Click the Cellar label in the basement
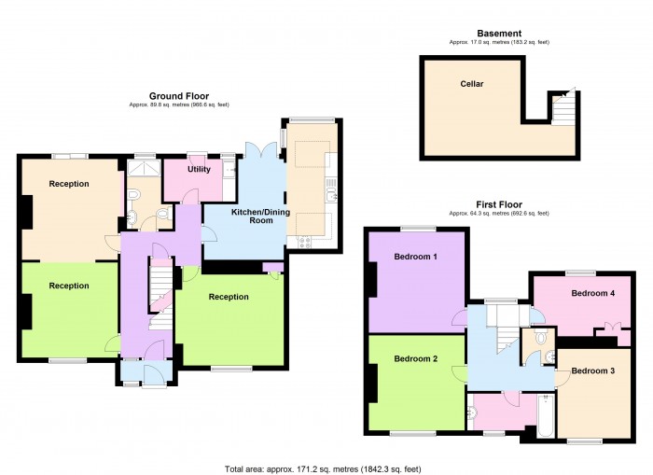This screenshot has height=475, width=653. click(471, 83)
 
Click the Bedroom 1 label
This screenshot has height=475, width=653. click(415, 257)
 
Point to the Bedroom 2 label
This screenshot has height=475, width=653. click(415, 358)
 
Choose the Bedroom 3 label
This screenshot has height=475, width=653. click(592, 370)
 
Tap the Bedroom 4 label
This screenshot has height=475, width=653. click(592, 293)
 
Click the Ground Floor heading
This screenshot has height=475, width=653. click(179, 95)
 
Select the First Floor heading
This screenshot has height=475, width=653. click(498, 204)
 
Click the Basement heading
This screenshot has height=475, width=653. click(493, 33)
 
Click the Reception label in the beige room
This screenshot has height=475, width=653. click(70, 184)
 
